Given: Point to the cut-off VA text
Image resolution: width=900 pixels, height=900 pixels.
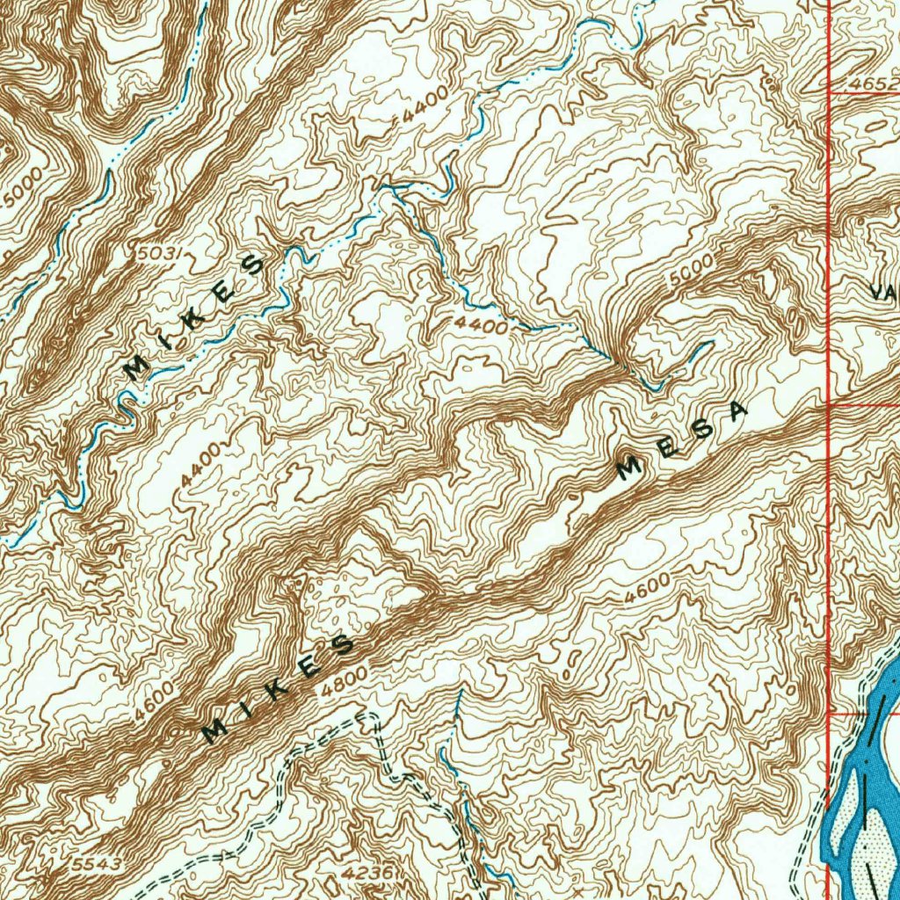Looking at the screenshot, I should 883,290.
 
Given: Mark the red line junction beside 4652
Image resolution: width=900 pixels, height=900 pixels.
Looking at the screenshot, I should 830,91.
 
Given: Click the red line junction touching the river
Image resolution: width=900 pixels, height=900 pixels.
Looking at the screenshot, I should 830,714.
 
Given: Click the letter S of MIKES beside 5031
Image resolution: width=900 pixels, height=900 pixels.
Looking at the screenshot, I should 251,265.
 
